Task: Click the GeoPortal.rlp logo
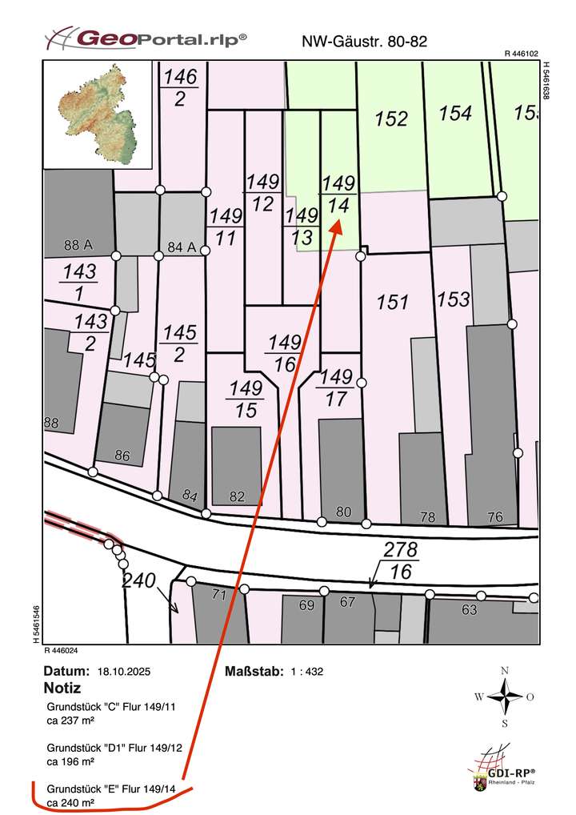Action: (x=145, y=38)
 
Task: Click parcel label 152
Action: (x=391, y=118)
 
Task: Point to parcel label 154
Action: (x=455, y=114)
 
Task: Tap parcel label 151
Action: (x=393, y=302)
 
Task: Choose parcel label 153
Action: (x=454, y=299)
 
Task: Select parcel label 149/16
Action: (x=284, y=353)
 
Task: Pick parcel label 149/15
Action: (x=246, y=399)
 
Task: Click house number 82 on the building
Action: (x=237, y=496)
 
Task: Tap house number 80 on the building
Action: (x=344, y=511)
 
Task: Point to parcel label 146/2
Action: (x=181, y=87)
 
